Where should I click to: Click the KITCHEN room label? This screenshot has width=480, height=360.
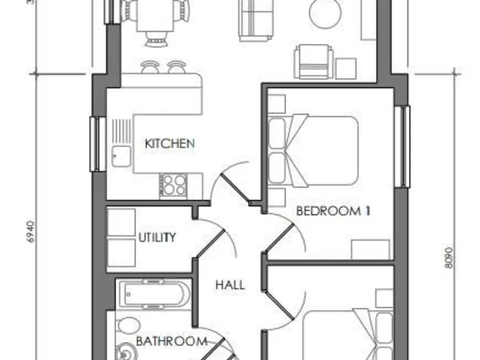pyautogui.click(x=169, y=143)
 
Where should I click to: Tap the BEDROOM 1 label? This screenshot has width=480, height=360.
pyautogui.click(x=332, y=211)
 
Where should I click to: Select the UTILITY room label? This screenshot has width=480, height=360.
pyautogui.click(x=157, y=237)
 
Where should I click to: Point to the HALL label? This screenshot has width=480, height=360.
pyautogui.click(x=230, y=285)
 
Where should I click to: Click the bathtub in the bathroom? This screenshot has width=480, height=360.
pyautogui.click(x=152, y=294)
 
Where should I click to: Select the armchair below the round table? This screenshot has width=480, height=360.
pyautogui.click(x=311, y=61)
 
